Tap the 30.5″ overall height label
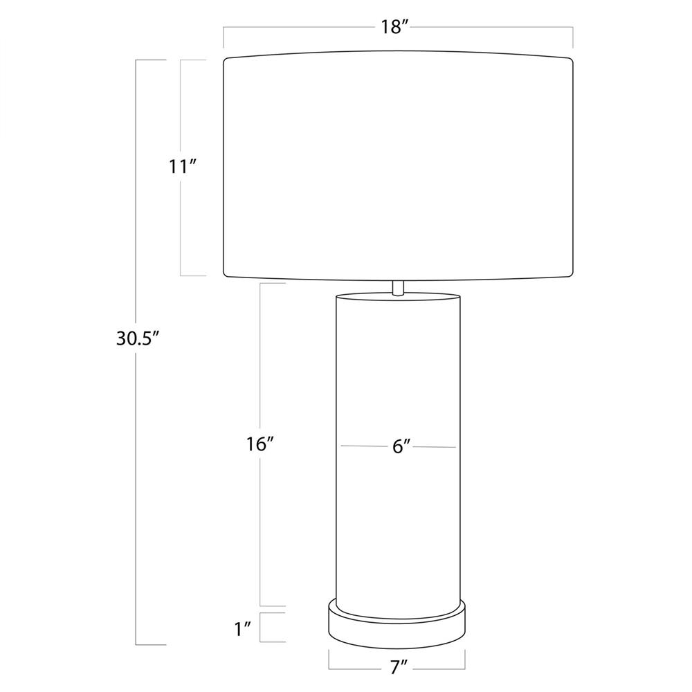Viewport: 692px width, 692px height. pos(137,339)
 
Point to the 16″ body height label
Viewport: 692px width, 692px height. pos(261,444)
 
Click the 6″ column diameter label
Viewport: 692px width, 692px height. pos(401,447)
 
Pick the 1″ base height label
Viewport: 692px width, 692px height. pos(243,629)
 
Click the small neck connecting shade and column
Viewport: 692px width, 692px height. pos(398,287)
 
